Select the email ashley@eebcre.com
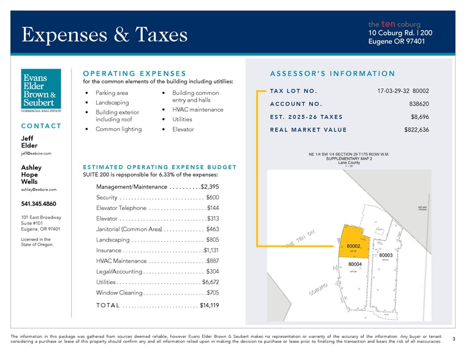pos(39,190)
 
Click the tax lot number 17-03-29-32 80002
pos(403,91)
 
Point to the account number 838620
pos(418,103)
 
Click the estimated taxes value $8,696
pos(419,116)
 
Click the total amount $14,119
pos(209,306)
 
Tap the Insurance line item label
pos(108,250)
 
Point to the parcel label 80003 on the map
pos(386,255)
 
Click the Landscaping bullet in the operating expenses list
pos(112,102)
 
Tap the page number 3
pos(453,338)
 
